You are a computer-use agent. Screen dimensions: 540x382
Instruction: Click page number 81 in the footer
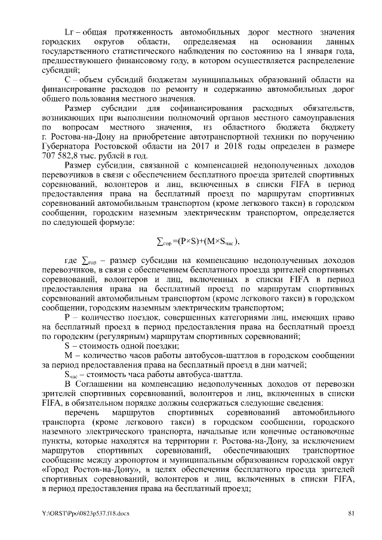352,513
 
